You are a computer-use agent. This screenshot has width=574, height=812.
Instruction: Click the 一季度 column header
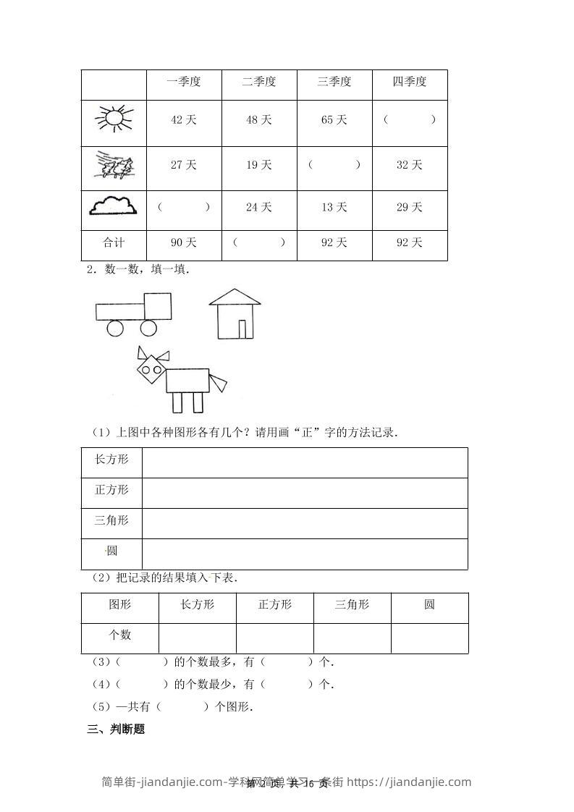[x=184, y=82]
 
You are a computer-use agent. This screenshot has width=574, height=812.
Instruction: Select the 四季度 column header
[x=410, y=82]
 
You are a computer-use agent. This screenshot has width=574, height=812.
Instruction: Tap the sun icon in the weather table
[x=114, y=119]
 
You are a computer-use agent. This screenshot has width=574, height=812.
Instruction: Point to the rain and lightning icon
[x=114, y=166]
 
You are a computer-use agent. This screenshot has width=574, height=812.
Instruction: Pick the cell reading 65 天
[x=334, y=120]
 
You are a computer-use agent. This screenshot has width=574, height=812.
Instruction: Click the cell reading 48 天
[x=259, y=120]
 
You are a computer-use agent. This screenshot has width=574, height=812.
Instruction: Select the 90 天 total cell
[x=184, y=243]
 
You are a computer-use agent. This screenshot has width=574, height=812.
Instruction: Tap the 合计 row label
[x=113, y=243]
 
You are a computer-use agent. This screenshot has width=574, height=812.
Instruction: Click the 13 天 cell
[x=334, y=208]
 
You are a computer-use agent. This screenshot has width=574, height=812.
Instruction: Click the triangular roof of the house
[x=235, y=296]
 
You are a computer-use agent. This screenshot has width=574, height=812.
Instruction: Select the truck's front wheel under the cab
[x=148, y=328]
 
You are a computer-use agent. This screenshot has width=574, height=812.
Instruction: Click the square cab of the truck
[x=158, y=306]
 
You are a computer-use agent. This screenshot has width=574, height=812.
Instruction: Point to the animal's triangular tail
[x=218, y=381]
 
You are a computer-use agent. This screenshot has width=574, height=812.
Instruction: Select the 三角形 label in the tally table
[x=111, y=520]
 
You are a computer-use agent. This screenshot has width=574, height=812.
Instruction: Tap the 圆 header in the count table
[x=429, y=604]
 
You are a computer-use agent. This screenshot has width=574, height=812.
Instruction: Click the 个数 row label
[x=120, y=635]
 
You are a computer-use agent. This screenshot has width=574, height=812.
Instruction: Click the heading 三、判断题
[x=116, y=729]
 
